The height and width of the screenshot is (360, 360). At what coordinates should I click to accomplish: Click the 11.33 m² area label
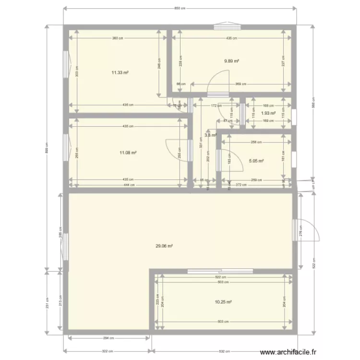click(120, 73)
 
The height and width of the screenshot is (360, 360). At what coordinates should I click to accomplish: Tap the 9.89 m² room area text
click(232, 61)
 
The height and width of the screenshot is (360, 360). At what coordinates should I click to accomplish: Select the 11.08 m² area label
click(128, 153)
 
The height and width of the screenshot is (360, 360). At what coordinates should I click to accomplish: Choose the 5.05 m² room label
click(256, 161)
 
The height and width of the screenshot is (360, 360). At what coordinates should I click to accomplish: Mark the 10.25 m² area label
click(224, 302)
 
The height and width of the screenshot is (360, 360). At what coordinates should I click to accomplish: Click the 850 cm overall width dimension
click(180, 9)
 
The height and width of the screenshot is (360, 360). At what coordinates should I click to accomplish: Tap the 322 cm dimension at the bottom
click(107, 351)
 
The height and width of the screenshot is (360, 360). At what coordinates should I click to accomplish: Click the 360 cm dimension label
click(117, 38)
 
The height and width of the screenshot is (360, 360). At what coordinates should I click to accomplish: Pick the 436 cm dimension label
click(231, 38)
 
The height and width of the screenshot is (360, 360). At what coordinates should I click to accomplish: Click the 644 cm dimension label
click(128, 184)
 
